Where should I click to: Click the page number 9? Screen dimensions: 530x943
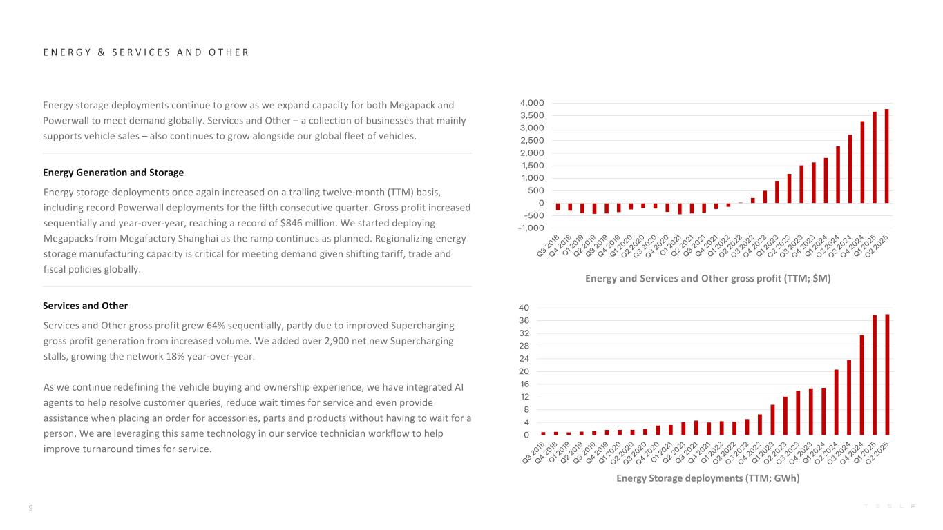pos(30,509)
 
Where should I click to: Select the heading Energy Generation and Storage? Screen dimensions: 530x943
pos(113,172)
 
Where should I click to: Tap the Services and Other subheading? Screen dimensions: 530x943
pos(85,306)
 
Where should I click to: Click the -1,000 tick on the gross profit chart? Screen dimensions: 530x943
pos(532,228)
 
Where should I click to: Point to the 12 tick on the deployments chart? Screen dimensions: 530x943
pos(524,397)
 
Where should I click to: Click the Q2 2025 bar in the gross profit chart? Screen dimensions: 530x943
pos(886,156)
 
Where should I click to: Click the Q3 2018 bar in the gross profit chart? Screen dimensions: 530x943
pos(558,206)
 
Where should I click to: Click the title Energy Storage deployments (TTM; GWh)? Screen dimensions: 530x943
pos(707,478)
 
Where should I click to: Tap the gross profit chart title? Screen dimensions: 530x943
pos(707,279)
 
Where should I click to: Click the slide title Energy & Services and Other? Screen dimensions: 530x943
pos(146,52)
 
